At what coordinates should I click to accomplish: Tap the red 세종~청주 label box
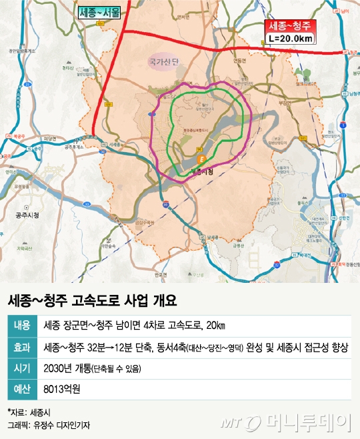pos(291,27)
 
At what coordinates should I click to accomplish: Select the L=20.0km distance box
pos(291,39)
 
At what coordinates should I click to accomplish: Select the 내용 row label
pos(22,325)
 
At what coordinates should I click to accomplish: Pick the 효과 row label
pos(22,347)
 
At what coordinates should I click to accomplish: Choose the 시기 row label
pos(22,368)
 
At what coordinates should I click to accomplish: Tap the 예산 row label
pos(22,390)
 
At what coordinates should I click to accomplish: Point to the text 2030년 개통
pos(65,368)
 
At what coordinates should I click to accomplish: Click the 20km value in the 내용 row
pos(215,325)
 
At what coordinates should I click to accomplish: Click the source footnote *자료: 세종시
pos(25,412)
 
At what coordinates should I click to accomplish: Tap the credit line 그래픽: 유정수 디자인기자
pos(49,424)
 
